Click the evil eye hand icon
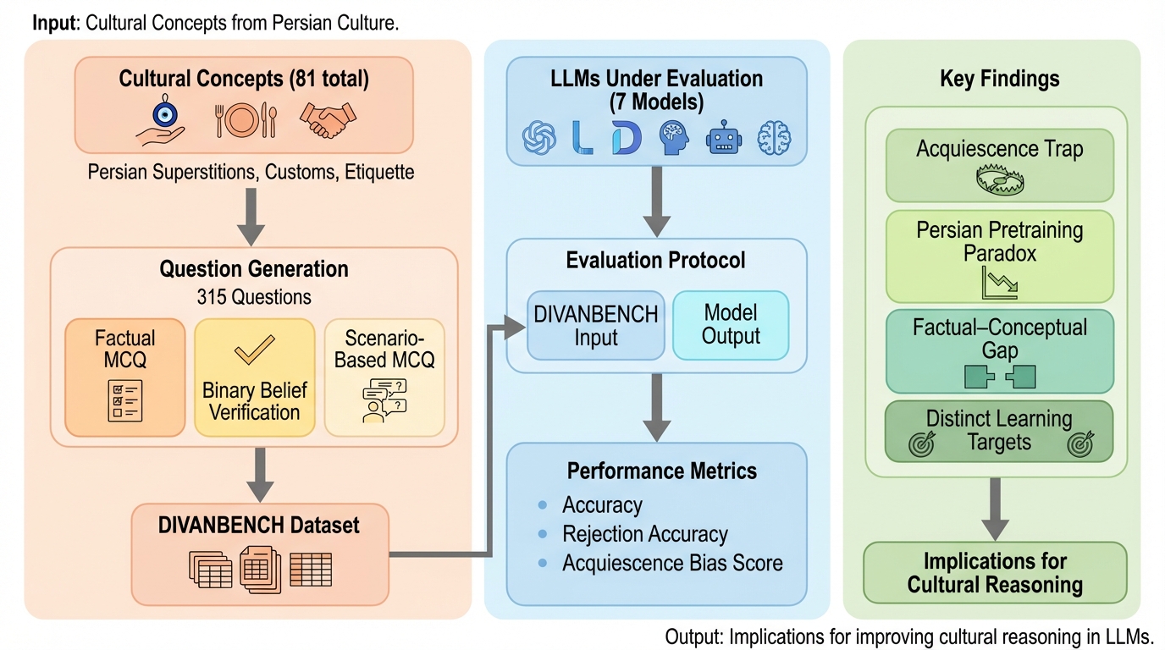(x=160, y=120)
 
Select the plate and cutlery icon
(x=246, y=120)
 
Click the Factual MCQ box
(x=124, y=377)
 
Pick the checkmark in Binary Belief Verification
(x=254, y=349)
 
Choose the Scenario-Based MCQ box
(x=384, y=377)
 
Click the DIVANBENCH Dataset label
(x=259, y=525)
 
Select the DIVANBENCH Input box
(x=596, y=326)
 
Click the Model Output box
(x=731, y=326)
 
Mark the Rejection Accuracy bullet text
(x=645, y=534)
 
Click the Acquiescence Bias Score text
(x=672, y=563)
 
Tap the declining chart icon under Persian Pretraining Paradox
(x=1000, y=281)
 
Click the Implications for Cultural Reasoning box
(x=995, y=573)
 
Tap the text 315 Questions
(x=254, y=297)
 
